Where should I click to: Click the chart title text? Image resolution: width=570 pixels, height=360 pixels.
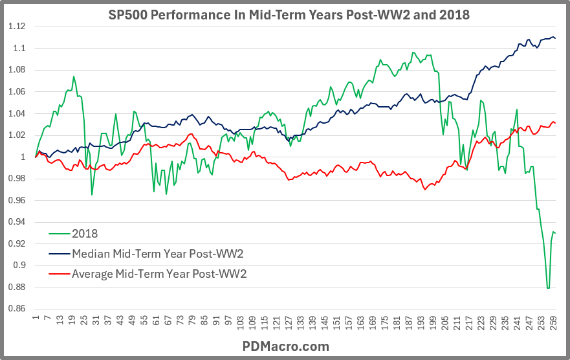click(285, 13)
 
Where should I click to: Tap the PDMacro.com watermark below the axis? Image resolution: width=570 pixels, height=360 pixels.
click(285, 346)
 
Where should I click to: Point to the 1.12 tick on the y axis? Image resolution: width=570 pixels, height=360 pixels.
click(17, 27)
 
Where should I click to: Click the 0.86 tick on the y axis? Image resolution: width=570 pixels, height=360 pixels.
click(17, 309)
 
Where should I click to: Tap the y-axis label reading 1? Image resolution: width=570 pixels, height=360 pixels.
click(23, 157)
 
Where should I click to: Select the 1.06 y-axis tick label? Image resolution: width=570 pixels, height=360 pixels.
click(17, 92)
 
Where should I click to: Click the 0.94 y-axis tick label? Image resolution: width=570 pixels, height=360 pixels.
click(17, 222)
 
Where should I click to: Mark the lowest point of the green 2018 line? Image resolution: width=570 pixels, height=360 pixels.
click(548, 287)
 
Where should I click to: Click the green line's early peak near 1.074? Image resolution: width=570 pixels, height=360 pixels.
click(74, 76)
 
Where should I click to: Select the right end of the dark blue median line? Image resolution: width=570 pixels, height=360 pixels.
click(555, 38)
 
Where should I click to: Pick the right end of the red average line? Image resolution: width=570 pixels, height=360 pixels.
click(555, 124)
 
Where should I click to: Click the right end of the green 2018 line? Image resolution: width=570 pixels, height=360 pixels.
click(555, 233)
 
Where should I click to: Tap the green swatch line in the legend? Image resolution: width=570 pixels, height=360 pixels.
click(58, 234)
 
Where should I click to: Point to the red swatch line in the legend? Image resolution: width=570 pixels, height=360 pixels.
click(58, 273)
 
